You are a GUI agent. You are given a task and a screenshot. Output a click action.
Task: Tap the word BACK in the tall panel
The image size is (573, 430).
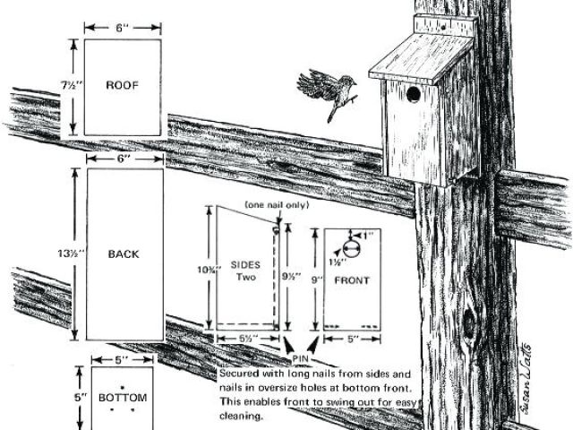[x=124, y=254]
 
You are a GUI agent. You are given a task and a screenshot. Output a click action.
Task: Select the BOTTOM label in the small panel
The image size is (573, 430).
[x=123, y=397]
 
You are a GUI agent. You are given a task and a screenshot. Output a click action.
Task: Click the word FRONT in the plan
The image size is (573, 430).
[x=352, y=280]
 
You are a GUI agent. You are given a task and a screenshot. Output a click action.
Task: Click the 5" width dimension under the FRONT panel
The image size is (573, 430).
[x=352, y=339]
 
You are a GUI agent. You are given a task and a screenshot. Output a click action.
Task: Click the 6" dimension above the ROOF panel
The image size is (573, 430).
[x=124, y=27]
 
